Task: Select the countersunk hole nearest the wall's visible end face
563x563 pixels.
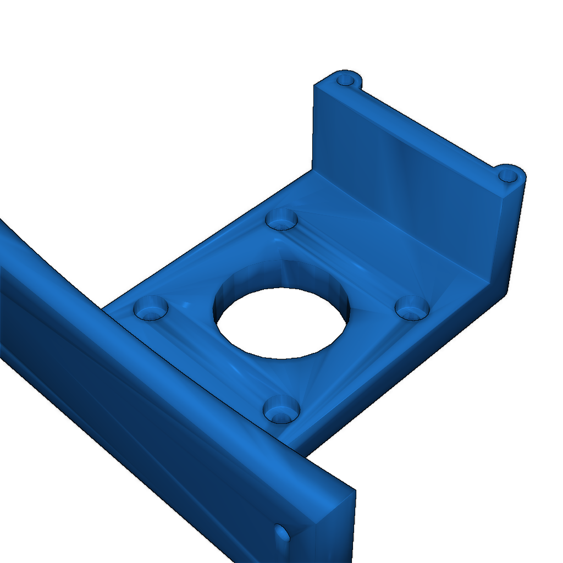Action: [412, 307]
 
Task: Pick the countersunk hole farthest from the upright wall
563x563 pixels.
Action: [150, 307]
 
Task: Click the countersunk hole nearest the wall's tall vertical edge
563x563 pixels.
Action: [281, 219]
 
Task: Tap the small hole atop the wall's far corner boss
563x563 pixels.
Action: [346, 79]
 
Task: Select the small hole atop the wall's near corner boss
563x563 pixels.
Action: [508, 176]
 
